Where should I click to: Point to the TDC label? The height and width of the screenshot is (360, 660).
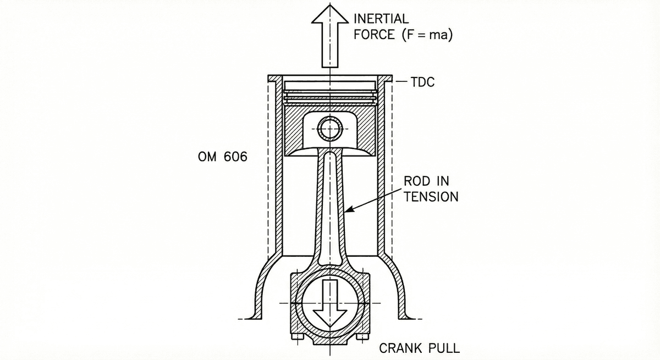[x=422, y=83]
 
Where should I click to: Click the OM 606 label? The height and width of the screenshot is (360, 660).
[x=222, y=157]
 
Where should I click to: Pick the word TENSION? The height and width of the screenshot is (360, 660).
[x=431, y=197]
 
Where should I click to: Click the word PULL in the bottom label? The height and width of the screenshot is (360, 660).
[x=444, y=348]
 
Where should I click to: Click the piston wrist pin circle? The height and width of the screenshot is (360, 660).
[x=330, y=129]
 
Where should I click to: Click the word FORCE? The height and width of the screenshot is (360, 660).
[x=374, y=35]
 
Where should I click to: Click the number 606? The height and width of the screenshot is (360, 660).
[x=236, y=157]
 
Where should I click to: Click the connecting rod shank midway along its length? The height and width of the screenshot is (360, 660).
[x=330, y=209]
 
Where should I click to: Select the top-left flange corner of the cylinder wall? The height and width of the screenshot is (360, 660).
[x=269, y=77]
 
